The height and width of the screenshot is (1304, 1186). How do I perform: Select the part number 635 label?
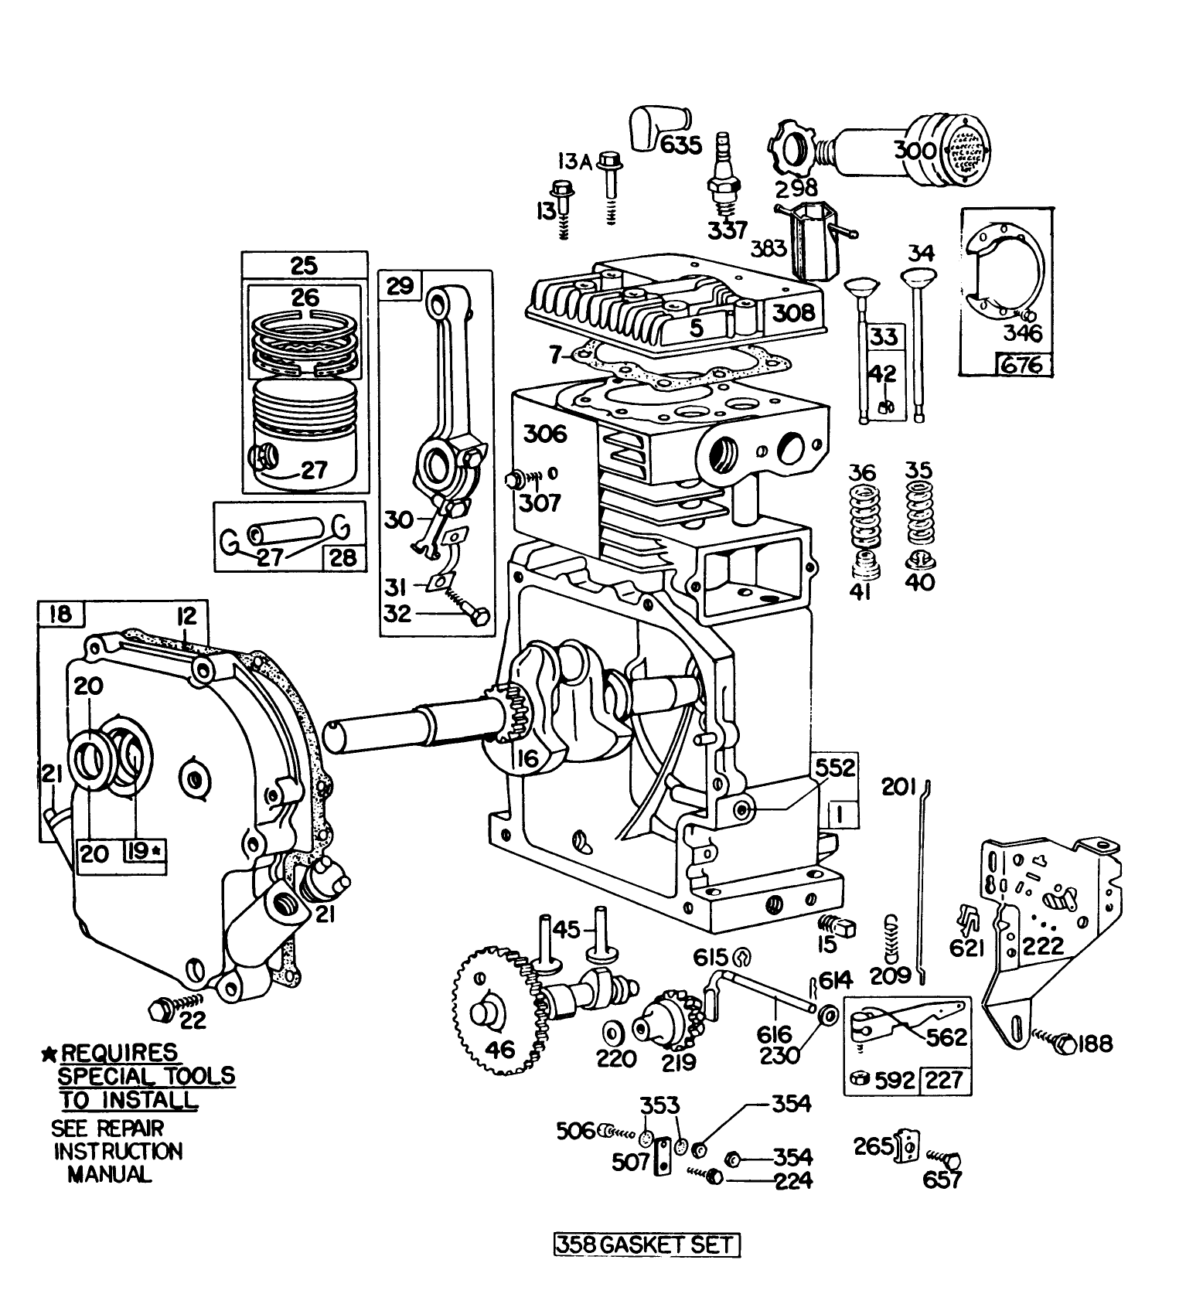coord(680,145)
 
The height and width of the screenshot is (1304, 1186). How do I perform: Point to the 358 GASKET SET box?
coord(646,1244)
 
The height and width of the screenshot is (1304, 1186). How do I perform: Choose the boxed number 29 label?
coord(400,287)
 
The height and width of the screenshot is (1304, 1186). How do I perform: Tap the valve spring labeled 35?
coord(919,513)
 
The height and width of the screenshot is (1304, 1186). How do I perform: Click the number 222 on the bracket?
coord(1044,946)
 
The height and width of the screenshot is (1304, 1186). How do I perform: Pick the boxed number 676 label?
coord(1022,363)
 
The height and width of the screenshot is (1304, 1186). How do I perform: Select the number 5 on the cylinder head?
coord(697,327)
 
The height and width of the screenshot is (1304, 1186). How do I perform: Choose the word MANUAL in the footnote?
coord(109,1175)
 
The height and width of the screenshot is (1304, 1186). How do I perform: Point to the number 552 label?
coord(835,768)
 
